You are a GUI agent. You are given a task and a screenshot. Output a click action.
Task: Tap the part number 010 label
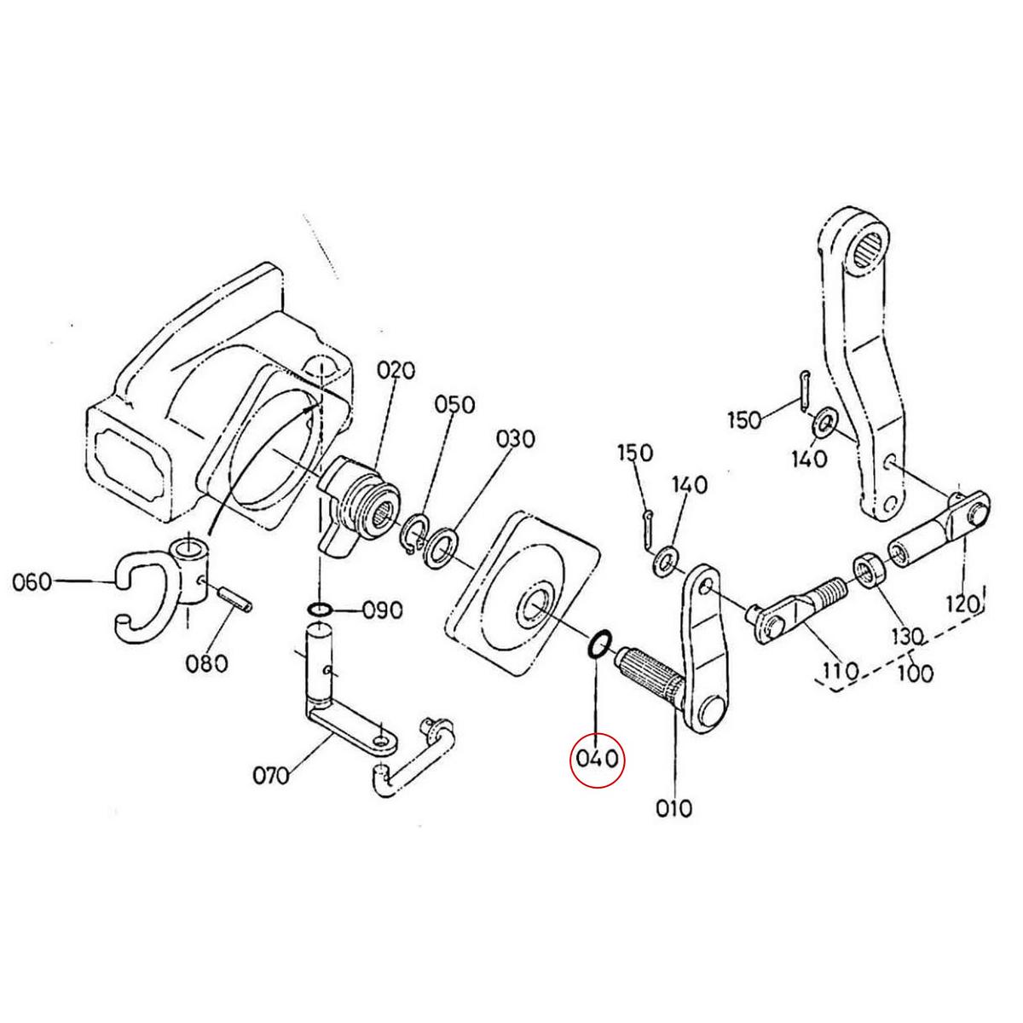[x=674, y=806]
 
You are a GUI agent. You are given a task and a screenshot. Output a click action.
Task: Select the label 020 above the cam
[x=396, y=371]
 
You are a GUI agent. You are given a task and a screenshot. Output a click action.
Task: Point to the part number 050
[x=454, y=405]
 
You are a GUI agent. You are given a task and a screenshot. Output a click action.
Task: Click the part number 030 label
[x=515, y=439]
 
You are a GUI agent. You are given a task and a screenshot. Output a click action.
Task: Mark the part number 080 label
[x=208, y=662]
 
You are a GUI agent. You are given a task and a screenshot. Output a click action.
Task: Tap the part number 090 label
[x=381, y=610]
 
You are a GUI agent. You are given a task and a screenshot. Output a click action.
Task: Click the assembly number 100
[x=915, y=673]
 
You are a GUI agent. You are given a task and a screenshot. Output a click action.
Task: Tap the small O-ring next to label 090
[x=320, y=610]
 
